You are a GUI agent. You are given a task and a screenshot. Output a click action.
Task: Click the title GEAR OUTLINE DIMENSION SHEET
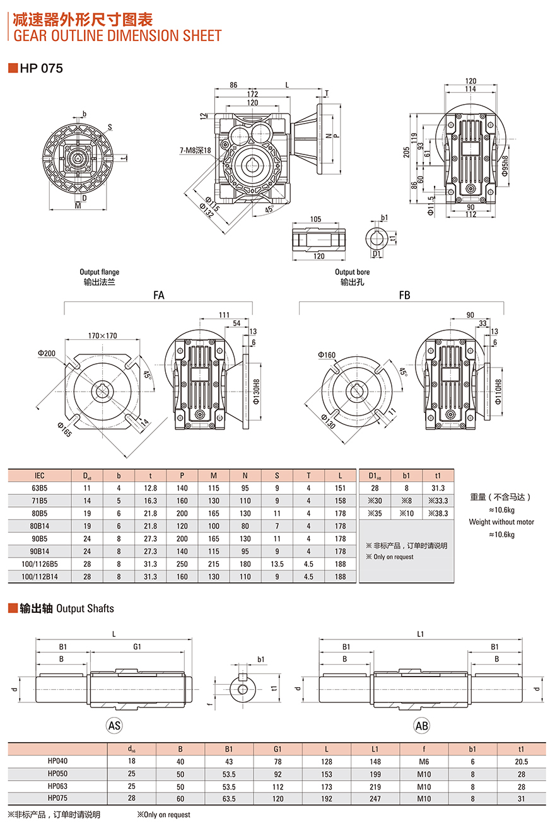point(117,36)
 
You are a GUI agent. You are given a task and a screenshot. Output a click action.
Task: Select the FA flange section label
point(158,294)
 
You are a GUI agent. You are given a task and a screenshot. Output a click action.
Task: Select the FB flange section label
point(404,294)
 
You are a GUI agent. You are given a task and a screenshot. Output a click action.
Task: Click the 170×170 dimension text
point(103,335)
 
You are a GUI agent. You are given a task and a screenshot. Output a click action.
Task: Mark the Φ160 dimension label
point(327,355)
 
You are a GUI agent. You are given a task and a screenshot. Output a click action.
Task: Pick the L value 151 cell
point(341,488)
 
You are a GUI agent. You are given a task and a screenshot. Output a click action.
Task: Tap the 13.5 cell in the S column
point(277,564)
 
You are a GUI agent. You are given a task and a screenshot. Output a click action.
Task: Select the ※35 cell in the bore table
point(375,513)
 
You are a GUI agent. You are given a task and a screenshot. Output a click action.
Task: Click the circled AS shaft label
point(114,726)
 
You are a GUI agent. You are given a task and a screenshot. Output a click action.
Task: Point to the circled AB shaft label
point(421,726)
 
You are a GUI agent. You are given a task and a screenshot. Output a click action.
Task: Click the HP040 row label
point(57,761)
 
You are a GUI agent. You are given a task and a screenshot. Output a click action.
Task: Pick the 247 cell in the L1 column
point(375,799)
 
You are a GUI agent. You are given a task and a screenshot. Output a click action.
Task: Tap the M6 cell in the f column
point(424,761)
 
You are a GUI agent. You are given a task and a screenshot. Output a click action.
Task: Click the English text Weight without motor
point(501,521)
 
